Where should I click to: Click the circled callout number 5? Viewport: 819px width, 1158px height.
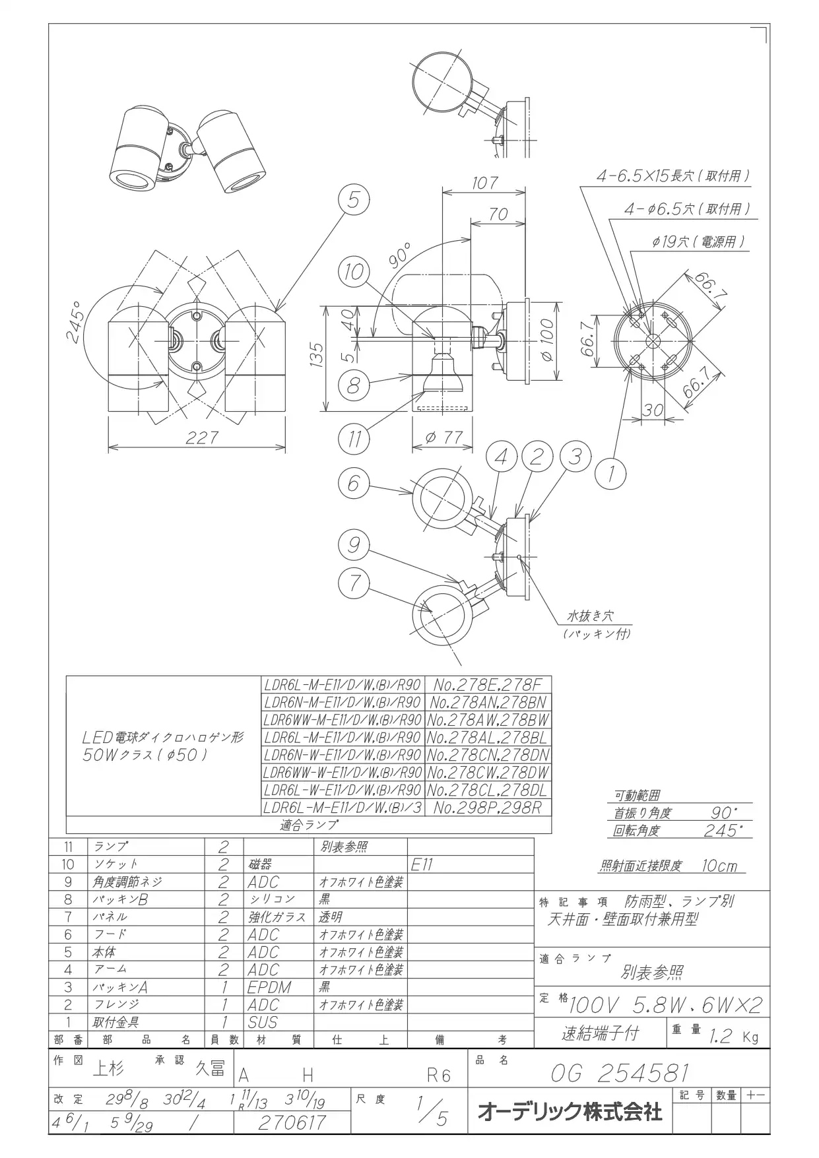coord(354,200)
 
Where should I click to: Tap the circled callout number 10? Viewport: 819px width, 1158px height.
coord(354,272)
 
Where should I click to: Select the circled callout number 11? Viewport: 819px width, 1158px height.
coord(354,439)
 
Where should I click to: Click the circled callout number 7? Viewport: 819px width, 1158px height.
coord(354,582)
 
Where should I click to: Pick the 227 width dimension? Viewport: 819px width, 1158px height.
coord(201,437)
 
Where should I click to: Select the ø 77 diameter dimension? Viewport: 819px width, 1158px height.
coord(444,437)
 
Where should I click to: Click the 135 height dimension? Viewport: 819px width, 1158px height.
coord(318,357)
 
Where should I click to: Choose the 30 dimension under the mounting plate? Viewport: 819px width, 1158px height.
coord(653,410)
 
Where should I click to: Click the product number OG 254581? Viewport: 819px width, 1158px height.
coord(620,1074)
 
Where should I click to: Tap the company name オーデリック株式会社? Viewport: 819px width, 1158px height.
coord(570,1112)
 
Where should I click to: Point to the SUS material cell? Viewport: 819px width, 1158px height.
coord(263,1022)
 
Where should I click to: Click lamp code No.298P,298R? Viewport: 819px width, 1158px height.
coord(487,808)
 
